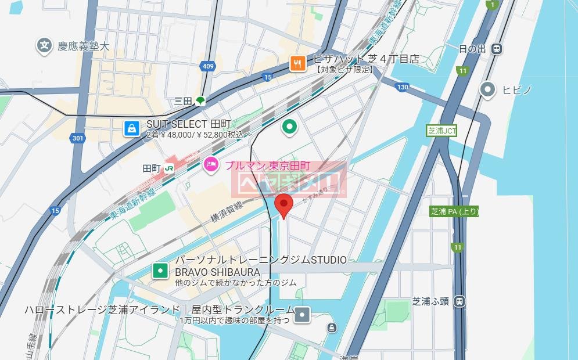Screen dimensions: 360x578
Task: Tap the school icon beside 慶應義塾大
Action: point(43,46)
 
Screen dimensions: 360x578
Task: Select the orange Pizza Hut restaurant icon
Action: point(298,63)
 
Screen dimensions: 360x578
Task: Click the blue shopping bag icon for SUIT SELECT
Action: point(132,128)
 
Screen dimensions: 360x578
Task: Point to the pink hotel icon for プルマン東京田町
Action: point(210,165)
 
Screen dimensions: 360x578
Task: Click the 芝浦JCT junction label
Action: point(441,131)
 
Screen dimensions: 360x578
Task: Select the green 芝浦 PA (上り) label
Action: point(454,211)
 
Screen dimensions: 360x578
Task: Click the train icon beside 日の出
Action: point(497,49)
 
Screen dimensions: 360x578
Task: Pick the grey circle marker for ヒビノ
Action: point(488,89)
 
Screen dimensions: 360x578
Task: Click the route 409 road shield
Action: point(209,67)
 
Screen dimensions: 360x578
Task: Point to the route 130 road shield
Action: point(402,87)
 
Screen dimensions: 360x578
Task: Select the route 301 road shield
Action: point(77,138)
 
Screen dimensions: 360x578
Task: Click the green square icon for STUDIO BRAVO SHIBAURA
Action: point(160,270)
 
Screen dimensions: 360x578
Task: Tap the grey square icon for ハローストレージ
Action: point(303,315)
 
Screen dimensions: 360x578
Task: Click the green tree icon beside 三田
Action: point(200,101)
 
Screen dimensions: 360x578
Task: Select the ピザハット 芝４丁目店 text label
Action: point(366,59)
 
